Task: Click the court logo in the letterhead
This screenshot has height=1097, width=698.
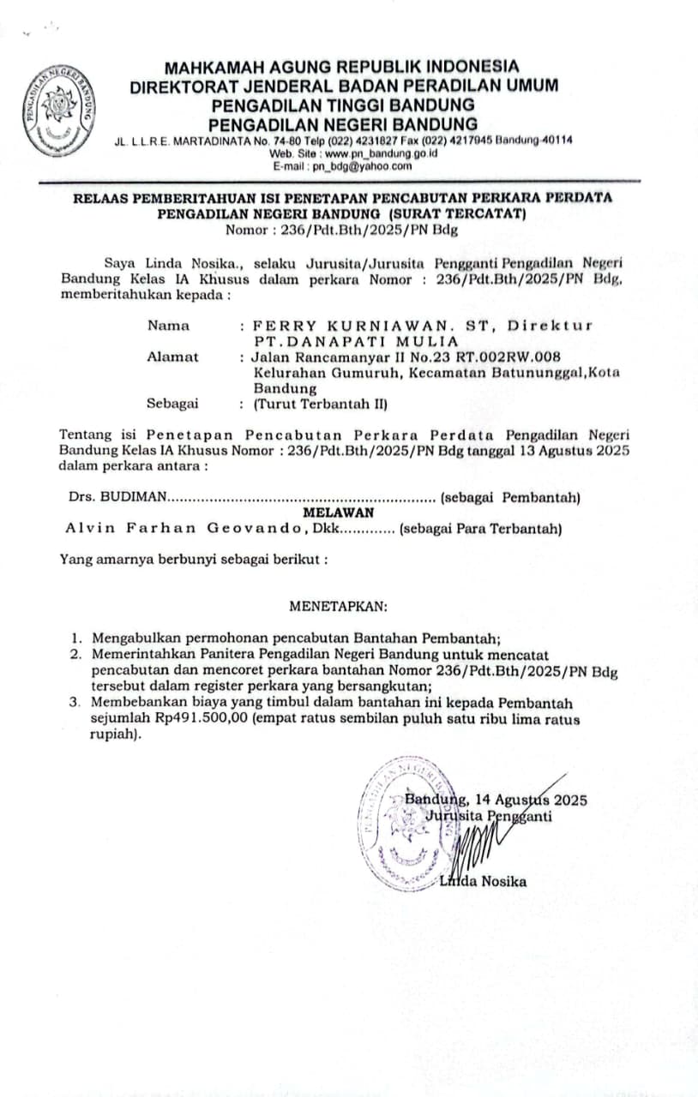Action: coord(60,110)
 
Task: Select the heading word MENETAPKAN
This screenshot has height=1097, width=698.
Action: coord(338,606)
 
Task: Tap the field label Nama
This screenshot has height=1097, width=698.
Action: coord(168,326)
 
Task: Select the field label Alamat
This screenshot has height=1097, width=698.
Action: coord(172,357)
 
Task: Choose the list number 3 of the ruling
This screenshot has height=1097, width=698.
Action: coord(75,704)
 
